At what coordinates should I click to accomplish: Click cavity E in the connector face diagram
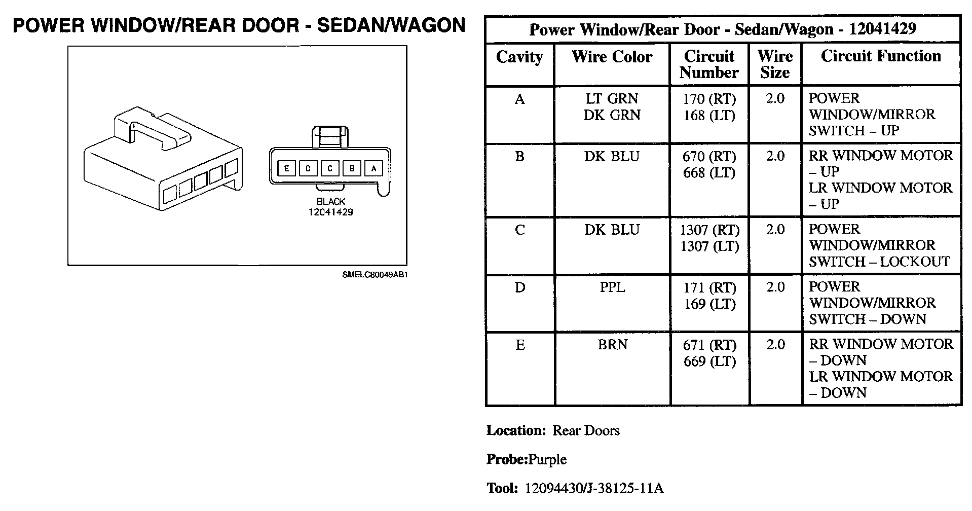[x=286, y=168]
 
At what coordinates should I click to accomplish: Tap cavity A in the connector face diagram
[x=373, y=168]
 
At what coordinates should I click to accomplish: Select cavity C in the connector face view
[x=330, y=168]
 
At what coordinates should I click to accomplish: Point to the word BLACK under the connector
[x=330, y=202]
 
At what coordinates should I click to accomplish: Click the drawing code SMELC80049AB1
[x=375, y=275]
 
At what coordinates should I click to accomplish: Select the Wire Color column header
[x=612, y=57]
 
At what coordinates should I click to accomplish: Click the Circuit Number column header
[x=709, y=64]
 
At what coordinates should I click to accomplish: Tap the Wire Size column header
[x=775, y=64]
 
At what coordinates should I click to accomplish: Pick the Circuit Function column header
[x=881, y=56]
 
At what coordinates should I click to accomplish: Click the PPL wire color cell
[x=612, y=287]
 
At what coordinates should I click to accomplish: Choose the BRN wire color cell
[x=612, y=345]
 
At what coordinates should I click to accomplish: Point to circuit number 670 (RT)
[x=709, y=157]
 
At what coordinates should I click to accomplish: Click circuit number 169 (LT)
[x=709, y=304]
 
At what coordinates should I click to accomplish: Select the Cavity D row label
[x=519, y=287]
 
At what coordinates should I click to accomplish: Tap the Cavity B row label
[x=519, y=157]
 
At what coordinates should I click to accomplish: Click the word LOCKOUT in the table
[x=915, y=262]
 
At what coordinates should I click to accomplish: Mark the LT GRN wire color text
[x=612, y=99]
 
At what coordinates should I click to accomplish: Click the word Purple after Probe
[x=547, y=460]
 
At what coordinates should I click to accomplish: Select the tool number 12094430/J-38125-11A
[x=594, y=489]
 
